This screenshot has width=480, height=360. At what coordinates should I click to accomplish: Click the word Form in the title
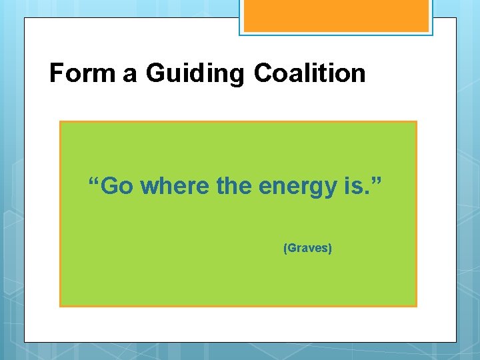tap(83, 73)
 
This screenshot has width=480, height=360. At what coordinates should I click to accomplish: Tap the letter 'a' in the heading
tap(130, 74)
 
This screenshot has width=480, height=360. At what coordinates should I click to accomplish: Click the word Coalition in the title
tap(309, 73)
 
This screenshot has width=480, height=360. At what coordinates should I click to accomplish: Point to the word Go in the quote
tap(119, 187)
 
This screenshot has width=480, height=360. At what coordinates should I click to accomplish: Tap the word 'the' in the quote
tap(234, 187)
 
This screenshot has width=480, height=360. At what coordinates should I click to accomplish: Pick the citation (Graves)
tap(308, 249)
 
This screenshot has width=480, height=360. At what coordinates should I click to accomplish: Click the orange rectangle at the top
tap(335, 15)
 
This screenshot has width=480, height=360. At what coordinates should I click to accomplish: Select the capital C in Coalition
tap(264, 73)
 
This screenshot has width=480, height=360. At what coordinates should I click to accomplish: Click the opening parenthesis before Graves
tap(285, 249)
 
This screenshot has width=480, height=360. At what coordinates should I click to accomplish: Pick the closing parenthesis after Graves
tap(331, 249)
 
